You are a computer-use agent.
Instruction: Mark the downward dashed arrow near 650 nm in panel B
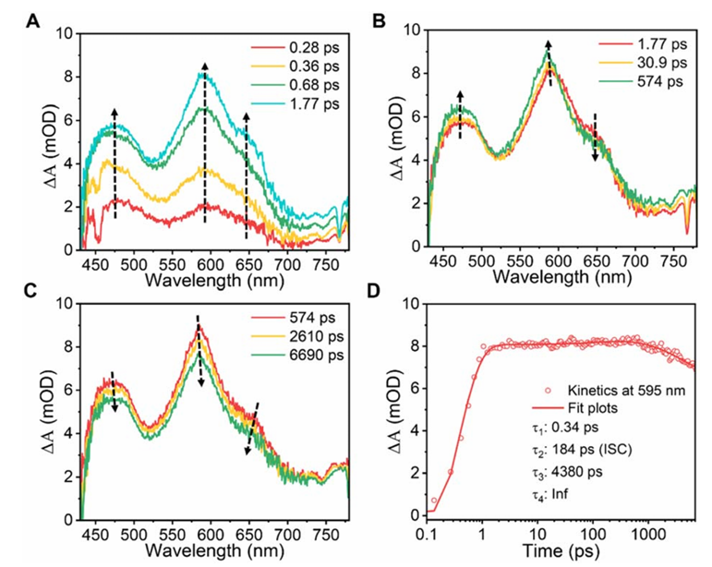[596, 137]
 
